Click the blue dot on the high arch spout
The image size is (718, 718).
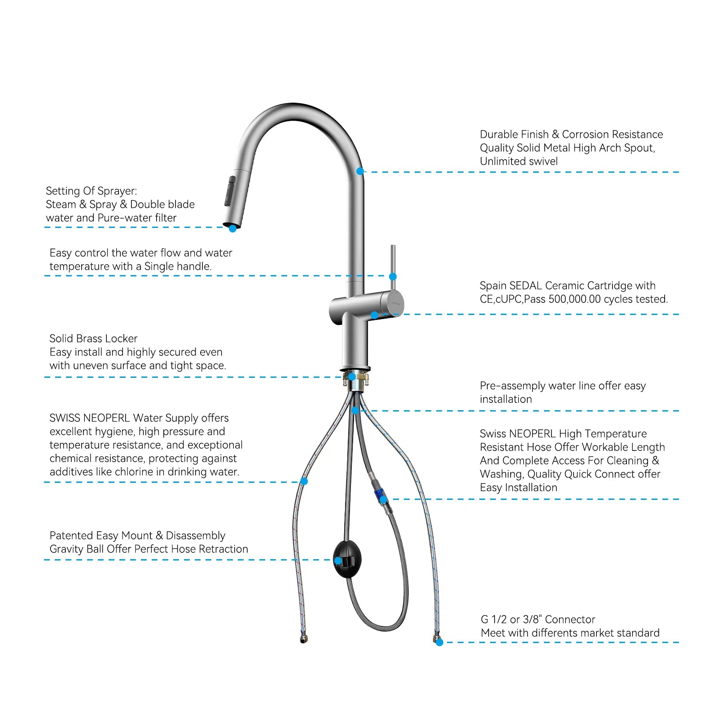pyautogui.click(x=360, y=171)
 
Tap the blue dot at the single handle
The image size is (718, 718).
pyautogui.click(x=393, y=276)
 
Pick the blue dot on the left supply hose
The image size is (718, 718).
pyautogui.click(x=304, y=482)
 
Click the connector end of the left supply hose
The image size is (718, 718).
pyautogui.click(x=304, y=639)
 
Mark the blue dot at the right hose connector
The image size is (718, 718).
pyautogui.click(x=439, y=643)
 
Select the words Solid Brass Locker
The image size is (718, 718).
pyautogui.click(x=93, y=339)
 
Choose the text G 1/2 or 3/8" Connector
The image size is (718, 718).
pyautogui.click(x=538, y=620)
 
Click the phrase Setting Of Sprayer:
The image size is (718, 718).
pyautogui.click(x=92, y=191)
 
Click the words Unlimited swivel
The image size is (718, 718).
pyautogui.click(x=519, y=162)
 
